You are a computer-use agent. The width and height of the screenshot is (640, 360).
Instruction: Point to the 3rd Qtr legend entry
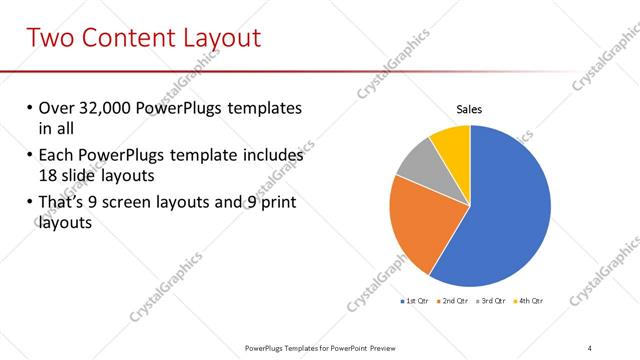pos(492,300)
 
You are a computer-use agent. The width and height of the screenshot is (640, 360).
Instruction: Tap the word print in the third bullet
pos(276,203)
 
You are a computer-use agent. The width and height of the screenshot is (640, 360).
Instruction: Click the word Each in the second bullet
pos(56,156)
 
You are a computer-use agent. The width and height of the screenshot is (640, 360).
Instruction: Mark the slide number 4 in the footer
pos(589,347)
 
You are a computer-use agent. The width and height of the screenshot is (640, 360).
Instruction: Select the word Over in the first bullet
pos(56,108)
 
